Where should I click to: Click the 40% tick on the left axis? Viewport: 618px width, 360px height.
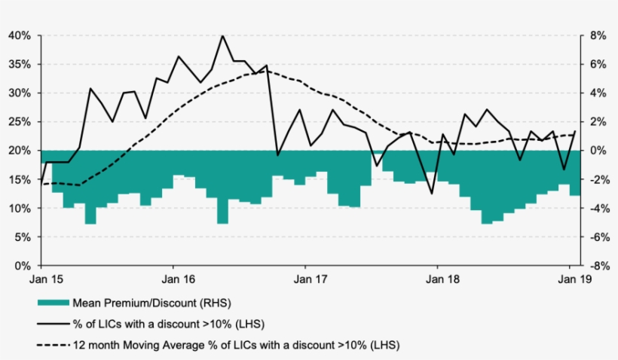(20, 35)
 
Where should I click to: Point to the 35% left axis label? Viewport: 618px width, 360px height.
(20, 64)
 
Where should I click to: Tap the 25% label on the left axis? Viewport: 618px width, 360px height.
(20, 122)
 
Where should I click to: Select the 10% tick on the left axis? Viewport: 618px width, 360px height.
(20, 209)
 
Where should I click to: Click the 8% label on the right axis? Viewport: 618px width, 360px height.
(597, 35)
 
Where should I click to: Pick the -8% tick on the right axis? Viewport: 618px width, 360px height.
(595, 266)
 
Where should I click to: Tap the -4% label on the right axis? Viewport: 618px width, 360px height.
(595, 209)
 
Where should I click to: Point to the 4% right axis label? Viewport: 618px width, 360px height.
(597, 93)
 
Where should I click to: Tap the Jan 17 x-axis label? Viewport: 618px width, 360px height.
(305, 279)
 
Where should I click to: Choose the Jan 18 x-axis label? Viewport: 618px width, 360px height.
(437, 279)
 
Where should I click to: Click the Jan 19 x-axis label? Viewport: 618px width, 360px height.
(569, 279)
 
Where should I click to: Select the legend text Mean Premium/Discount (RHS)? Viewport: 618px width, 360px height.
(151, 304)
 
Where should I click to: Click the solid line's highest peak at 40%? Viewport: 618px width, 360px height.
(222, 35)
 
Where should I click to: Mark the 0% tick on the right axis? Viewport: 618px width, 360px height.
(597, 151)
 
